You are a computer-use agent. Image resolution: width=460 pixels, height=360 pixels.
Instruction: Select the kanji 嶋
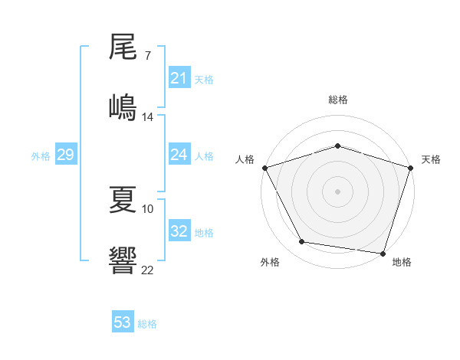[x=123, y=106]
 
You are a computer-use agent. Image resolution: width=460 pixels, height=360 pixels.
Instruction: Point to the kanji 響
[x=123, y=260]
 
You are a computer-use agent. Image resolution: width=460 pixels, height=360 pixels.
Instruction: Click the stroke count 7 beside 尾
[x=147, y=56]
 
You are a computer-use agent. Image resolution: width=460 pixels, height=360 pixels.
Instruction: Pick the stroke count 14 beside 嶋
[x=148, y=116]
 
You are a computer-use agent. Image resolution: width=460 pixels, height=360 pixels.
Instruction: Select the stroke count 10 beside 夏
[x=148, y=208]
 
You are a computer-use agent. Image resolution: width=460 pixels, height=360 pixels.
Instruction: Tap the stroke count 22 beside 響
[x=148, y=270]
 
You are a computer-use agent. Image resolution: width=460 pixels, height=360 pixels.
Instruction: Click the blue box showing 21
[x=179, y=78]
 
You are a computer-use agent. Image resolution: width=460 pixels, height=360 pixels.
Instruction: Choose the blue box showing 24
[x=179, y=155]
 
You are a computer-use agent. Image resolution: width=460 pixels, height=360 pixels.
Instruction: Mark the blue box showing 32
[x=179, y=231]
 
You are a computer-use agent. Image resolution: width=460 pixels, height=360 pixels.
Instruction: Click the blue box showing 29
[x=65, y=155]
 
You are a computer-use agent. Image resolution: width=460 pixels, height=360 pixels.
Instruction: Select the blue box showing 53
[x=122, y=322]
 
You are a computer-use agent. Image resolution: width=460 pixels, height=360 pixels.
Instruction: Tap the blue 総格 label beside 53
[x=147, y=324]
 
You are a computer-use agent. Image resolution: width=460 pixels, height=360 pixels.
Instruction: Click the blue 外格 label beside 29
[x=41, y=156]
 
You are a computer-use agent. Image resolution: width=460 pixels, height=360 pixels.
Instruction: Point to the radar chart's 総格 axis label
[x=337, y=100]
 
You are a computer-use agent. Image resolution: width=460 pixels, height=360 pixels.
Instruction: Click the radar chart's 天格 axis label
[x=431, y=159]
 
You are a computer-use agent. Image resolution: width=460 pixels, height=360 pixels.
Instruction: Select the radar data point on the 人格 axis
[x=264, y=168]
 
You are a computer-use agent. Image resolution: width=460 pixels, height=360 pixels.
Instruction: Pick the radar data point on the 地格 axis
[x=383, y=253]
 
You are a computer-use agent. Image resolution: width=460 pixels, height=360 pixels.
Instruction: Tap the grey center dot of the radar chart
[x=337, y=191]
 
